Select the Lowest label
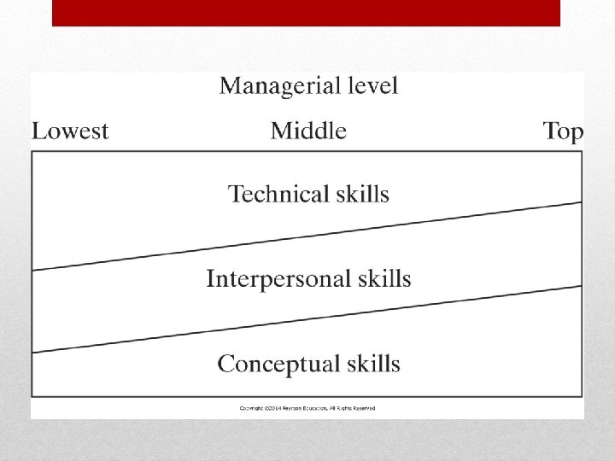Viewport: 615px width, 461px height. [70, 131]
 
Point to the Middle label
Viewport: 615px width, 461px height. [308, 131]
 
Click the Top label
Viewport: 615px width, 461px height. [563, 131]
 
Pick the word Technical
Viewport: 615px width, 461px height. [278, 194]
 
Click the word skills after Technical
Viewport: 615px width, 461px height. [361, 194]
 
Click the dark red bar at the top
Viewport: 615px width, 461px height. [306, 12]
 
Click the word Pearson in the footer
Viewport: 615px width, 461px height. [294, 408]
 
